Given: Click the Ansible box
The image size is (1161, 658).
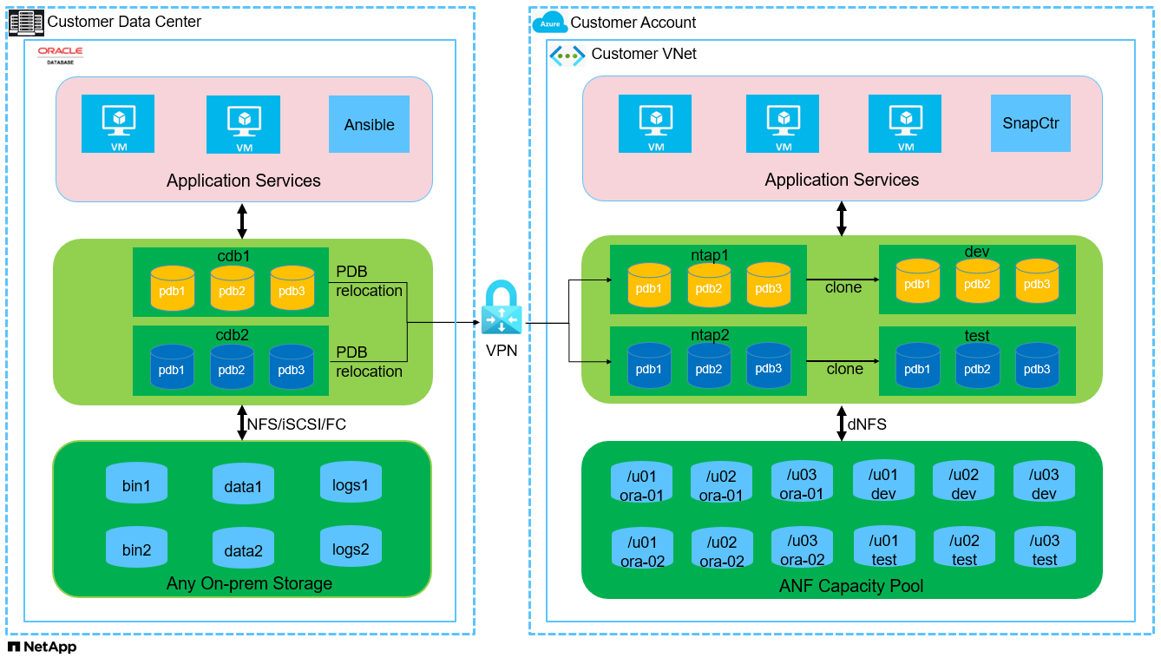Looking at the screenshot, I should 369,125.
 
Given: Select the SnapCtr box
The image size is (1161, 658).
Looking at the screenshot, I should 1030,123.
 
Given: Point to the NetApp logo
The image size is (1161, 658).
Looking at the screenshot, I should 42,648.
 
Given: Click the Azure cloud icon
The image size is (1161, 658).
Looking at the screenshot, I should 549,23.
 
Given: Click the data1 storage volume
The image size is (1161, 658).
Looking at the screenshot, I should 243,483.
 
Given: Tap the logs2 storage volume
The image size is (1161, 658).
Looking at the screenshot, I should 351,546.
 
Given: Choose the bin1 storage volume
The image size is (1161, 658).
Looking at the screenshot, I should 136,483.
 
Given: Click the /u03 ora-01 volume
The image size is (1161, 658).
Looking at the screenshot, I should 801,483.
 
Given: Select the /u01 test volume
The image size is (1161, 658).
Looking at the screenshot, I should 883,549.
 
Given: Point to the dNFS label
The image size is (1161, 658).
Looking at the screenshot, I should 868,424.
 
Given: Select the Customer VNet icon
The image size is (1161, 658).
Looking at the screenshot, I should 567,55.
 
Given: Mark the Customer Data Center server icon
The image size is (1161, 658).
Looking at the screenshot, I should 26,22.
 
